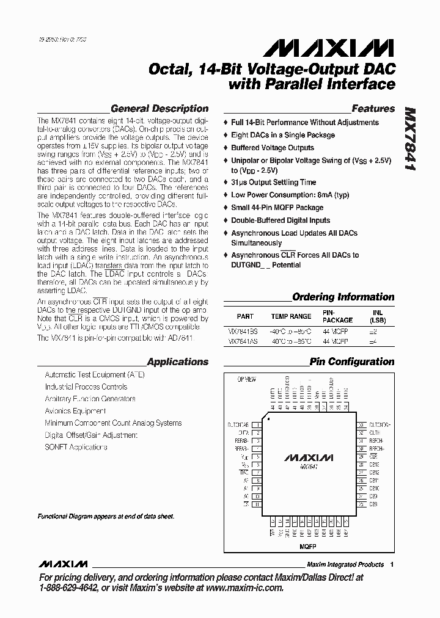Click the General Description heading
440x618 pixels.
159,109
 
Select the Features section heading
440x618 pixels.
373,109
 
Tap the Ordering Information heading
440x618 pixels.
343,297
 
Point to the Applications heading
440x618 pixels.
178,362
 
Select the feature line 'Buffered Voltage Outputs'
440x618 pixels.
272,148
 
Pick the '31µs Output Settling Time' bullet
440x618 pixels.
273,182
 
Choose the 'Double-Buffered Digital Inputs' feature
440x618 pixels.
280,220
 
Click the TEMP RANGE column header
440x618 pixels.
291,317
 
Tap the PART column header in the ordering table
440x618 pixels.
244,317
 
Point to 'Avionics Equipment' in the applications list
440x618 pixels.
75,411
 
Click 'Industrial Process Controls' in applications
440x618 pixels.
86,387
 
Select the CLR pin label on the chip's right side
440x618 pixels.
373,456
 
